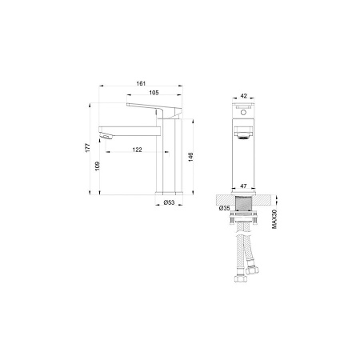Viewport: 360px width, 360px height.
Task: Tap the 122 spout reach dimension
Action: click(x=139, y=150)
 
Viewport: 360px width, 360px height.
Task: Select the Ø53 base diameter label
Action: click(x=169, y=203)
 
